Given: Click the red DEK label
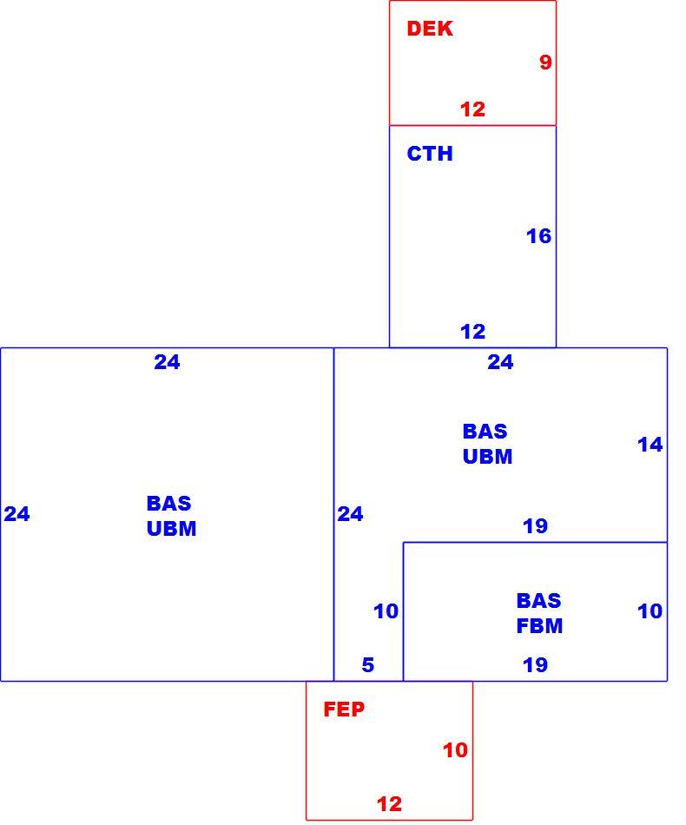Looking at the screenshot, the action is tap(429, 29).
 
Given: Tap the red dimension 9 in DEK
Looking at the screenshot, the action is tap(545, 62).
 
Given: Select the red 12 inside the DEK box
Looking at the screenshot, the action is tap(472, 109).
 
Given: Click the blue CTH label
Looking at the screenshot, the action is tap(429, 154).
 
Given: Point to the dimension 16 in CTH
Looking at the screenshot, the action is tap(538, 236).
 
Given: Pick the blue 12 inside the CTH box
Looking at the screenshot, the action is tap(472, 332).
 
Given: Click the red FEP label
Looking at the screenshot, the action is tap(344, 709).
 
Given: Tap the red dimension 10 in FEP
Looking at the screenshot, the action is tap(455, 750).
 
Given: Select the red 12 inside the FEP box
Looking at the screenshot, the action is tap(389, 804).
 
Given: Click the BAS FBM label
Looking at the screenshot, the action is tap(539, 613).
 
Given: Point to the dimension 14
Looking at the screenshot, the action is tap(650, 445).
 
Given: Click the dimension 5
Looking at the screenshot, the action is tap(367, 665).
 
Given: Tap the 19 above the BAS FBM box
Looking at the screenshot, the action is tap(535, 525).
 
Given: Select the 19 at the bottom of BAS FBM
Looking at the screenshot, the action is tap(535, 665).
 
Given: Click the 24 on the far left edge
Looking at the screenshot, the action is tap(16, 514).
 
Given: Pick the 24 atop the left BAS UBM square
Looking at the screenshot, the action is tap(167, 362).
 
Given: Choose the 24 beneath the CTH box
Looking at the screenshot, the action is tap(500, 362).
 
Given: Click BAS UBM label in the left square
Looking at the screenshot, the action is tap(172, 516).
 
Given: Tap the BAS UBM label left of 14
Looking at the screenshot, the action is tap(488, 444).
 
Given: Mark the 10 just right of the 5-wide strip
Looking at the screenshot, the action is tap(386, 611).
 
